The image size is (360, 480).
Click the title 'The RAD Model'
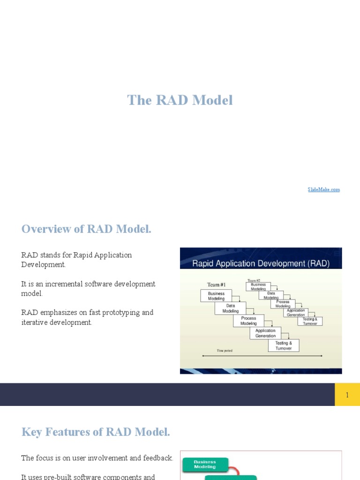point(180,100)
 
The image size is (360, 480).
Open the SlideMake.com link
point(323,189)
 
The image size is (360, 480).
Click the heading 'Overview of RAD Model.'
point(86,229)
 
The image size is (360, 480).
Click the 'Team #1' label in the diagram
point(217,285)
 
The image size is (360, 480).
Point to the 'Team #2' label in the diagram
point(254,280)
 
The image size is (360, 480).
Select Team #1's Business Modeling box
point(216,296)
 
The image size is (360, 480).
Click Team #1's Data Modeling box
point(230,308)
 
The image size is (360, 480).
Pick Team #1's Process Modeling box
point(248,321)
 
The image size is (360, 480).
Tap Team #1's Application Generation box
point(265,333)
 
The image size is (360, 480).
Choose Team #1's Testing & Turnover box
point(284,345)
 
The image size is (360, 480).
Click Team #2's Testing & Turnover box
point(310,321)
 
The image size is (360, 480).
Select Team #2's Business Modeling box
point(258,286)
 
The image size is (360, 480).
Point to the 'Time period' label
point(224,351)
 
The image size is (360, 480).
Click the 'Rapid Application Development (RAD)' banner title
point(261,263)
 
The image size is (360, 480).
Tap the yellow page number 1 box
point(347,395)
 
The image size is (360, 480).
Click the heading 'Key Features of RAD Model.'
point(96,432)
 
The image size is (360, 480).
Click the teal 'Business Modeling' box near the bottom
point(205,464)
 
